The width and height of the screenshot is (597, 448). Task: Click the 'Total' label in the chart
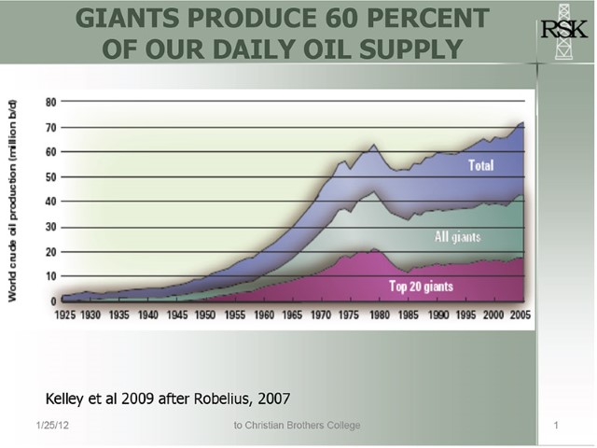(x=479, y=166)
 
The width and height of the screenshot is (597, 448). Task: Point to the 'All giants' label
(x=457, y=237)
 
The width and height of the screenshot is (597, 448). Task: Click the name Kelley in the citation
(x=67, y=398)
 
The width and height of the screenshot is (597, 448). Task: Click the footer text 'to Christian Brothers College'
(x=298, y=427)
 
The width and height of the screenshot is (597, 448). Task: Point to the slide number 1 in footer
(x=555, y=427)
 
